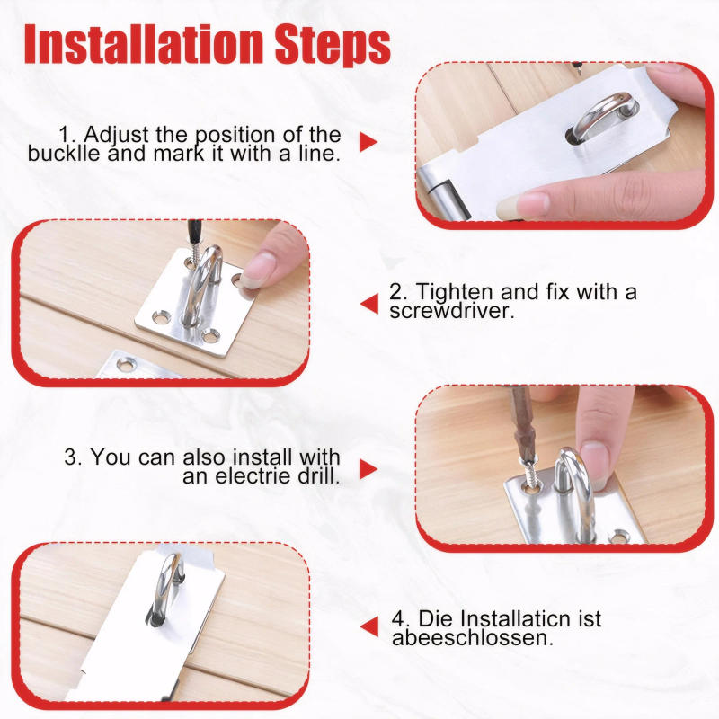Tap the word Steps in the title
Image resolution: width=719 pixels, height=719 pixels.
(333, 45)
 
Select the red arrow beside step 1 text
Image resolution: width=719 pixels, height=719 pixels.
(367, 142)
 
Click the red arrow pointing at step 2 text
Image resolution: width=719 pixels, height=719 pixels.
(368, 304)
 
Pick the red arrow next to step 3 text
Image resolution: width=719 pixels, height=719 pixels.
(367, 468)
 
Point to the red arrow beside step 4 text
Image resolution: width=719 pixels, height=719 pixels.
(368, 627)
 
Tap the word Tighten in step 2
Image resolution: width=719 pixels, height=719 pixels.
(455, 292)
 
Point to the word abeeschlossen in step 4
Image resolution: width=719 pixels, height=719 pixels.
(472, 638)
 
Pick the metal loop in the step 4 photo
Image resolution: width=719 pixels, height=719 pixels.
(167, 584)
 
